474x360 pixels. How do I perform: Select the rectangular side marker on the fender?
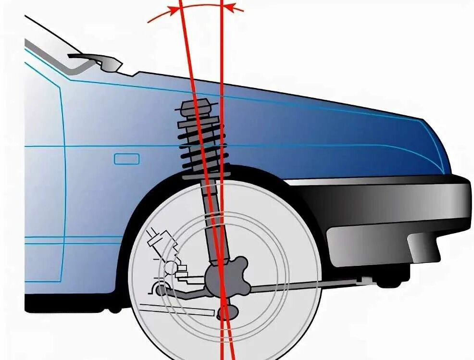[126, 159]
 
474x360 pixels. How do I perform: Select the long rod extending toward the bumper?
[308, 286]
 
